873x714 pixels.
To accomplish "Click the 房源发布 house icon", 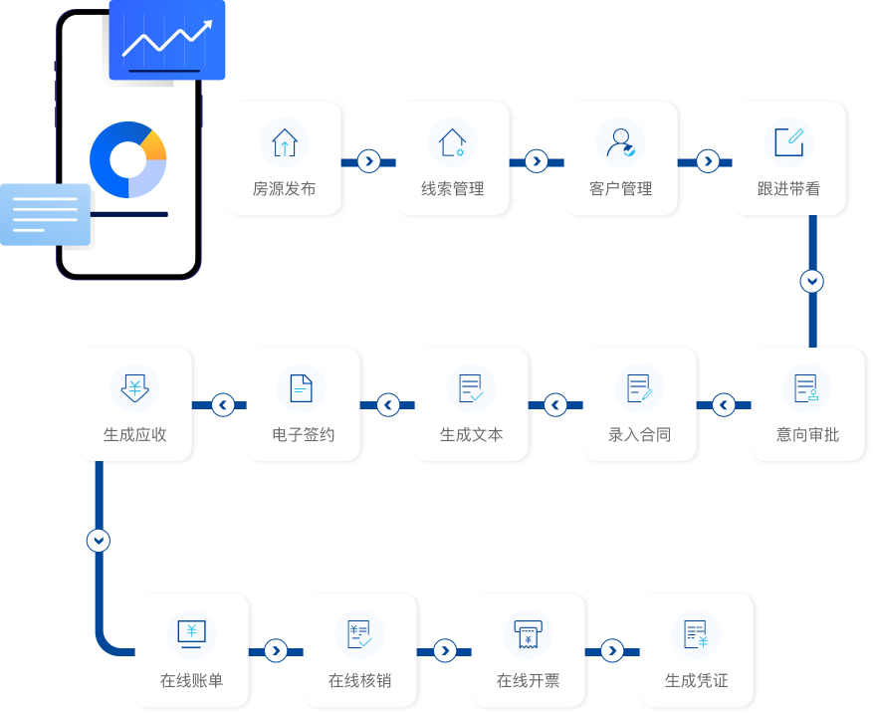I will click(x=284, y=142).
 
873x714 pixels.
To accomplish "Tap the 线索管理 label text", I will click(x=452, y=188).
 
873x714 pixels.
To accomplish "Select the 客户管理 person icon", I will click(x=620, y=142).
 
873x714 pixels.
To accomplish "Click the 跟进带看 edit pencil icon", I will click(x=788, y=142).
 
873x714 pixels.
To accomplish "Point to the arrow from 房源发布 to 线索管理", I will click(x=368, y=160).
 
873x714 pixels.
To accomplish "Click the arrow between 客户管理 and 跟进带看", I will click(x=707, y=160).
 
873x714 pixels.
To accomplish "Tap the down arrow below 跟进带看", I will click(x=812, y=281).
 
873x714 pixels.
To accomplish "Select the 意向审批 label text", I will click(x=807, y=434).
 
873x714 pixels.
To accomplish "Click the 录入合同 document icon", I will click(x=639, y=388).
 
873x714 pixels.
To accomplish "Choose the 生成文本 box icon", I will click(x=471, y=388).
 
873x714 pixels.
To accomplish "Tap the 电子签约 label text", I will click(x=303, y=434).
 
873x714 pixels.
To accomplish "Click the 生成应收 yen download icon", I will click(x=134, y=388).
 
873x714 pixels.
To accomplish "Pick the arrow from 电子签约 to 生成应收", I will click(x=222, y=405).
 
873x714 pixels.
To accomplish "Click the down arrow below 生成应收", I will click(x=98, y=541).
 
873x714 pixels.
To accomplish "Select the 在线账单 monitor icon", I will click(x=191, y=633).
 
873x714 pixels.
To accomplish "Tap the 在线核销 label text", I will click(x=359, y=681).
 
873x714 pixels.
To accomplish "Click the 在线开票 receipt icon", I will click(x=528, y=633).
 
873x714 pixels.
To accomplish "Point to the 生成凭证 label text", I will click(x=696, y=681).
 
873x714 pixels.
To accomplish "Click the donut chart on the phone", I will click(x=127, y=159).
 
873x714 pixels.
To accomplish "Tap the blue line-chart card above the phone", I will click(x=167, y=40).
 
